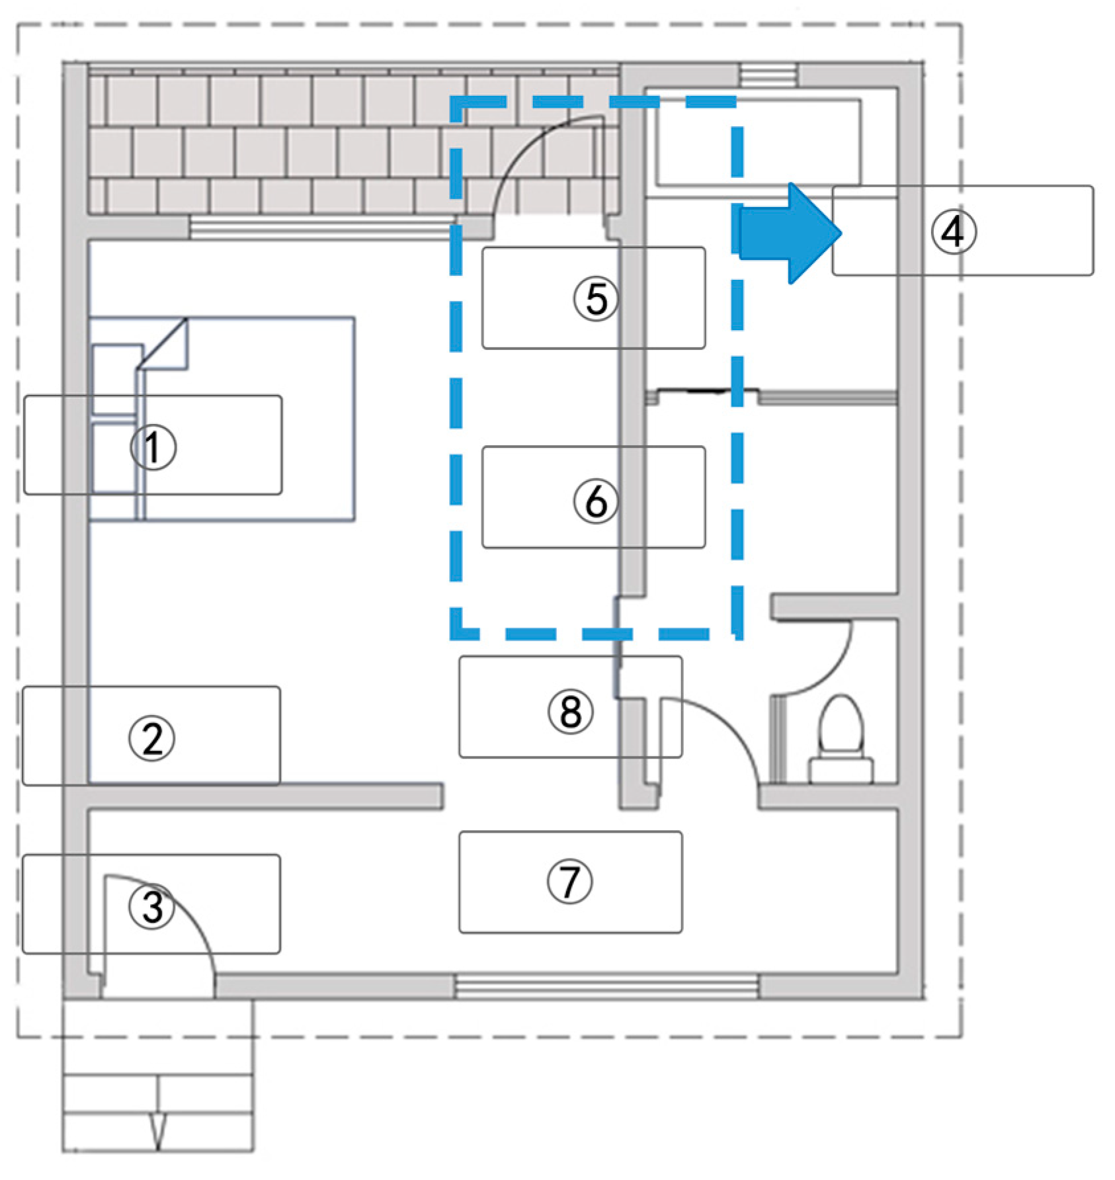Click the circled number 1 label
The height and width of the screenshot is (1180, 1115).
click(153, 447)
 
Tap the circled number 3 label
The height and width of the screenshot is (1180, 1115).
click(151, 906)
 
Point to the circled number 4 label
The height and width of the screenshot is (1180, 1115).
click(952, 232)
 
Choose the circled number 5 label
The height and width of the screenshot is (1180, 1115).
click(595, 298)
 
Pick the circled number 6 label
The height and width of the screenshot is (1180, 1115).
click(595, 501)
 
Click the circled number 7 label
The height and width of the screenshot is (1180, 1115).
click(569, 882)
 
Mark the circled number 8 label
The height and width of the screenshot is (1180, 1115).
click(570, 712)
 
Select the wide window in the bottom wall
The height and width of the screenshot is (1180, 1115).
click(606, 988)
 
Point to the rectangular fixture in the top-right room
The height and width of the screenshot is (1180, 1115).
click(758, 142)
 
